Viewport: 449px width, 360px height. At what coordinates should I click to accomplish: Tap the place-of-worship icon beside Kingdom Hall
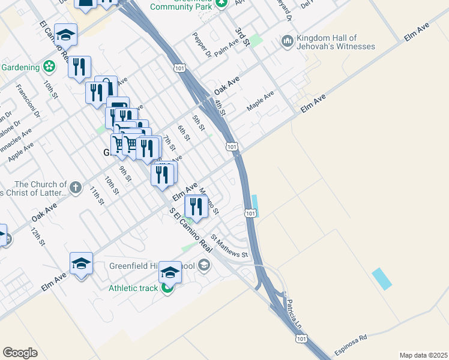286,41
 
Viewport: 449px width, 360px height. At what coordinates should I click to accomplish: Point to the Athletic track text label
133,288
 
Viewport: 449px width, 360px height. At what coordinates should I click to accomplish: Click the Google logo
20,352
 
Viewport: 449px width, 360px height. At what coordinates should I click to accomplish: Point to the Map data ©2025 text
423,355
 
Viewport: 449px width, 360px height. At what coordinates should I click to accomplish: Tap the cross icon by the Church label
76,187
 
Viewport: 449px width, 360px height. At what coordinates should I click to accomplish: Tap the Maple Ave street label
261,100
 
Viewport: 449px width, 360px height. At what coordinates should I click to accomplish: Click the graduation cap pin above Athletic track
170,272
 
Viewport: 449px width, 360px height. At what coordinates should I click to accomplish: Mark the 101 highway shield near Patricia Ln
301,340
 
